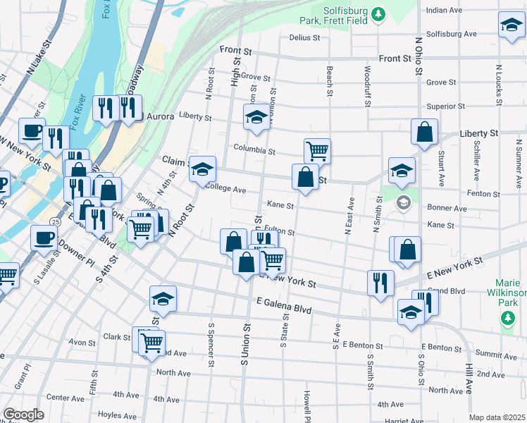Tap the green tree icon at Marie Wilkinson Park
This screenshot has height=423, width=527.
tap(507, 319)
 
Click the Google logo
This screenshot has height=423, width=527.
tap(23, 415)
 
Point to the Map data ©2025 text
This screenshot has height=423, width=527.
tap(497, 417)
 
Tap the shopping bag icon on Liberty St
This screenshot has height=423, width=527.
tap(425, 132)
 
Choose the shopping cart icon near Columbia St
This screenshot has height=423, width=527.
tap(317, 150)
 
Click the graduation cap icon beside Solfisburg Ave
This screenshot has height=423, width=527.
tap(511, 25)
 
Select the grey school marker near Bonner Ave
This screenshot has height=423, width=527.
tap(402, 203)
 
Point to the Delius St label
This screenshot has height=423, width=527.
tap(304, 37)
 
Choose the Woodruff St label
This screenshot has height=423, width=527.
tap(367, 87)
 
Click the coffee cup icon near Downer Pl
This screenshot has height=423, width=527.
tap(44, 238)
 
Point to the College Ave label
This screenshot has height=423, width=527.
tap(225, 190)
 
